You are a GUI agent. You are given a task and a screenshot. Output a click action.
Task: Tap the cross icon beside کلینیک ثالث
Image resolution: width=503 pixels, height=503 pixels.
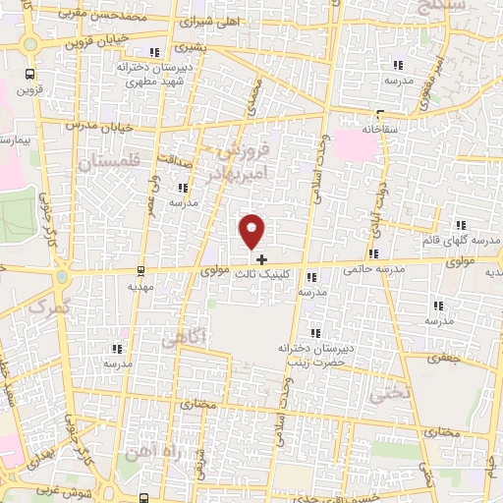click(x=261, y=258)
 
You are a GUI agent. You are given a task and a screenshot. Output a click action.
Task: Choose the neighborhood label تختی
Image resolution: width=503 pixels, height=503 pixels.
click(x=380, y=393)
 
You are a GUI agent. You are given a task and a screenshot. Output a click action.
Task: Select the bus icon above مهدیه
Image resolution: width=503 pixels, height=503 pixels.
click(x=142, y=269)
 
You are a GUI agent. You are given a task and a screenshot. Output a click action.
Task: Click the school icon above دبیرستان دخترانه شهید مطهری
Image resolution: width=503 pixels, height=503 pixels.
click(x=152, y=53)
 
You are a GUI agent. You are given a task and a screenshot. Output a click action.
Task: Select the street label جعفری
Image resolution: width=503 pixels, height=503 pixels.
click(x=450, y=361)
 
